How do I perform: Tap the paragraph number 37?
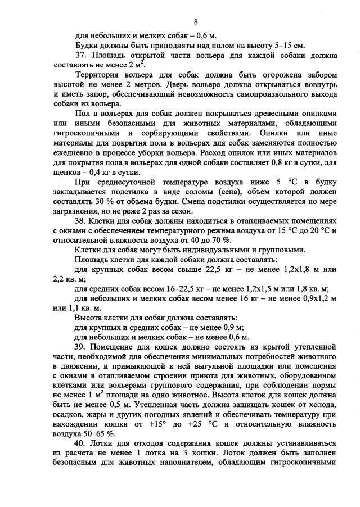tap(80, 55)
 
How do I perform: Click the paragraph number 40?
tap(80, 451)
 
